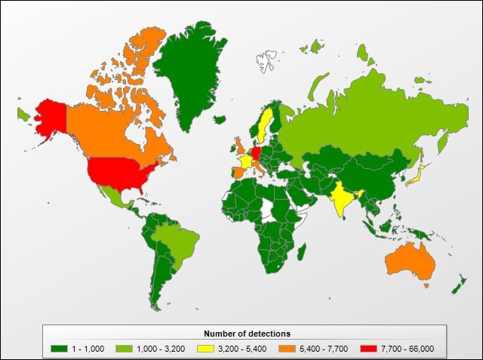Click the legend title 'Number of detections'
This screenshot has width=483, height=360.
[247, 333]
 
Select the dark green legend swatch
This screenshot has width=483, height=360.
[59, 347]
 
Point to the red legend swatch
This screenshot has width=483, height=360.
[368, 347]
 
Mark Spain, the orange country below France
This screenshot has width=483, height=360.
[237, 172]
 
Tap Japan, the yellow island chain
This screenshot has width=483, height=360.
[417, 177]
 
